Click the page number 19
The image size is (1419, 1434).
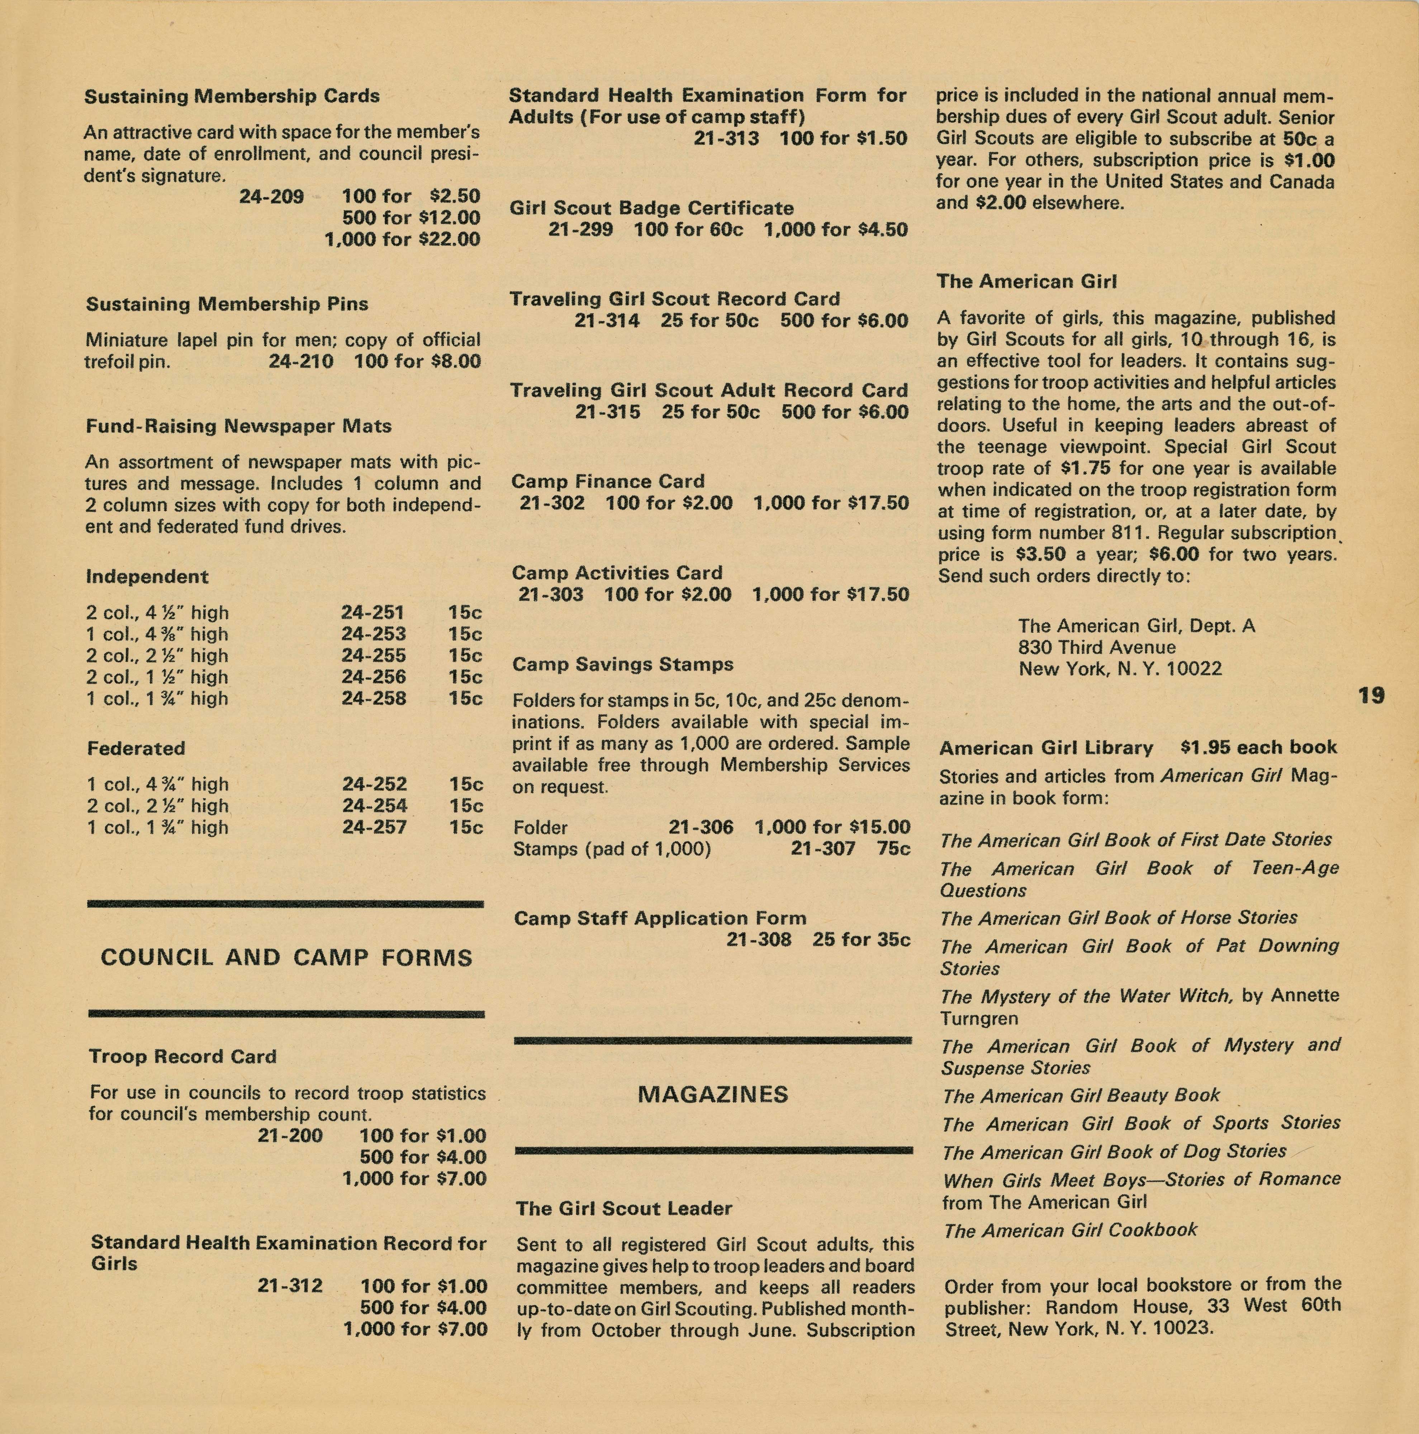point(1372,695)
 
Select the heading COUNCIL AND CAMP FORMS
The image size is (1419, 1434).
point(286,958)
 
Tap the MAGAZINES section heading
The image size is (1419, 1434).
point(712,1094)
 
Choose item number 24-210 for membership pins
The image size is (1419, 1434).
point(300,361)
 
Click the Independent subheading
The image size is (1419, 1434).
point(147,577)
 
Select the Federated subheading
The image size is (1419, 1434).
point(136,748)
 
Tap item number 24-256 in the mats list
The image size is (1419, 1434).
point(373,677)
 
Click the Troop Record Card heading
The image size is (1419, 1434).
point(182,1056)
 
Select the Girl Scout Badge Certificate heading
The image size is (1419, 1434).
point(651,208)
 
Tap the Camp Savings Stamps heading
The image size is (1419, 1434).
point(623,664)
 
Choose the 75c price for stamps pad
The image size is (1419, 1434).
point(893,848)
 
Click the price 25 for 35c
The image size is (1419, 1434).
point(861,940)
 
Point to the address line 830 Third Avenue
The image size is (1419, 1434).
point(1097,647)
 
